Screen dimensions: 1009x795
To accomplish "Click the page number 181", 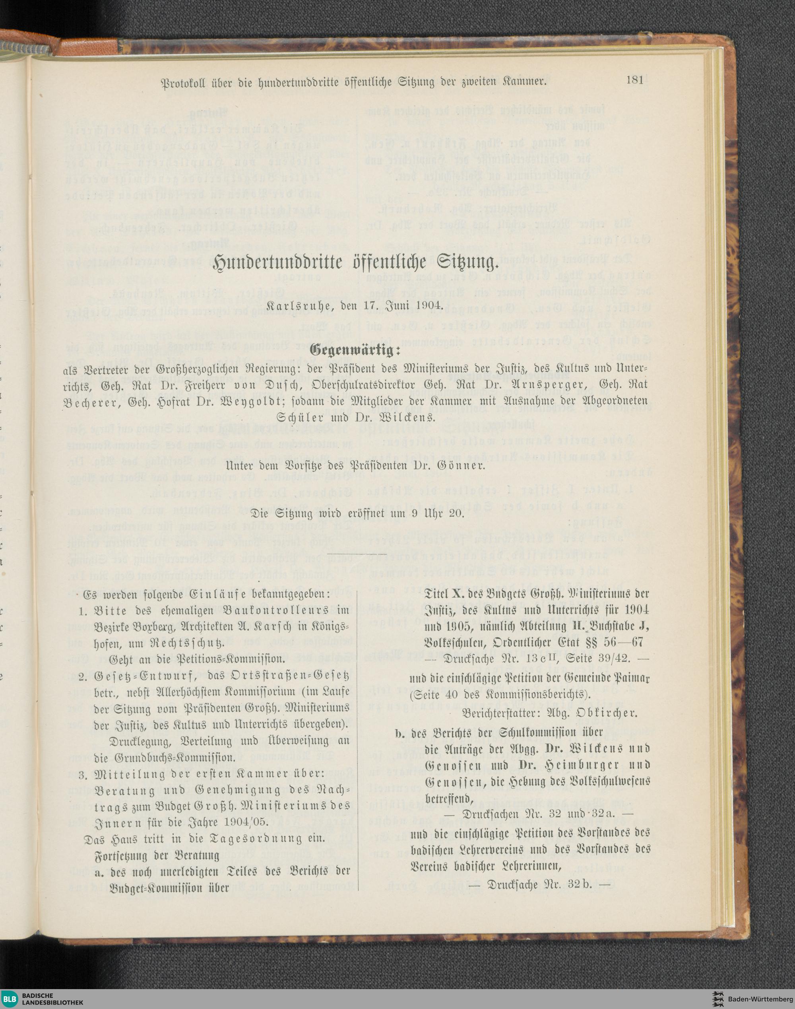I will click(634, 80).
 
